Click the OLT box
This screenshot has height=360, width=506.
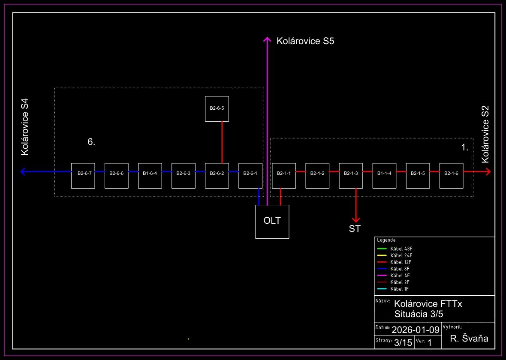272,222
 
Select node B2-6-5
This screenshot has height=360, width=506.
217,109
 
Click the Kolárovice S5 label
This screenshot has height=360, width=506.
305,42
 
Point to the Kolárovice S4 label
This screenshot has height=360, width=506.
25,127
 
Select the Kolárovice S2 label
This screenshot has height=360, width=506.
485,134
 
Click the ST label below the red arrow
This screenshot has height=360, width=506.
355,229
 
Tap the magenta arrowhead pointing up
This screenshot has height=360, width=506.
267,39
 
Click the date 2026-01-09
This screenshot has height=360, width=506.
416,330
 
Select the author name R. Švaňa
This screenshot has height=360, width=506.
469,339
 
